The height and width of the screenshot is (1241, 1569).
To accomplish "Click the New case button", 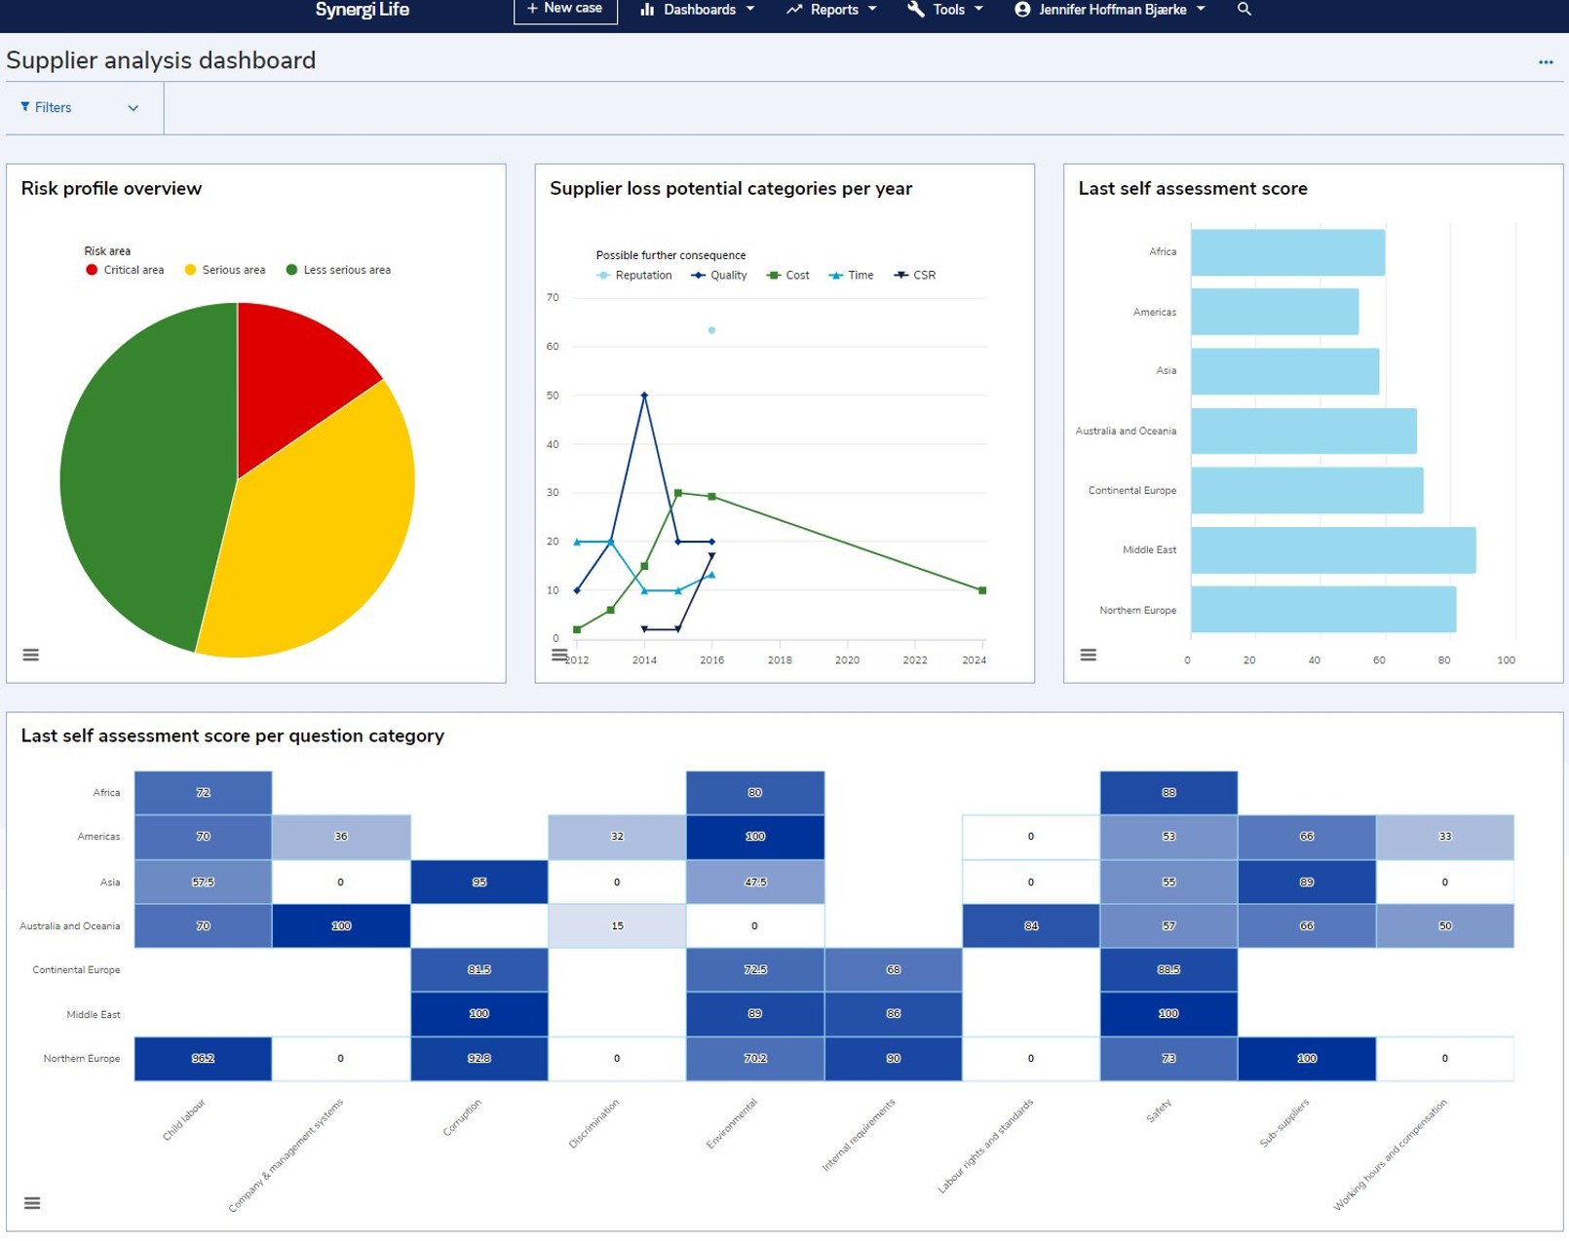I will point(565,10).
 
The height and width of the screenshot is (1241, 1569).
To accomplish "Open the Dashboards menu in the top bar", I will point(698,10).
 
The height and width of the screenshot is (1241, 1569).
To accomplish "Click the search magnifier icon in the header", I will point(1244,10).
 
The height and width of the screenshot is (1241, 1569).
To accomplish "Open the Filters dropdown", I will point(79,108).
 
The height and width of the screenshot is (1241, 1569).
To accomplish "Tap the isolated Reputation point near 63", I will point(711,330).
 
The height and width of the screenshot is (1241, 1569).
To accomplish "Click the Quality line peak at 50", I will point(644,395).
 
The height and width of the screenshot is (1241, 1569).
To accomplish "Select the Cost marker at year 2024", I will point(981,590).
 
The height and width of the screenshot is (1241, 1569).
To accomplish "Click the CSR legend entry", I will point(915,276).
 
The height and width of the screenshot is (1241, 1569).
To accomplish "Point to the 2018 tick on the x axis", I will point(780,659).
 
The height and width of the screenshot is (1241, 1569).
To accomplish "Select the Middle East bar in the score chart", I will point(1332,550).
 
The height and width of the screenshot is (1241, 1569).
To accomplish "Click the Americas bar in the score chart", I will point(1274,312).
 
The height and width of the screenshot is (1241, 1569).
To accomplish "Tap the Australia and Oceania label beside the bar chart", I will point(1126,431).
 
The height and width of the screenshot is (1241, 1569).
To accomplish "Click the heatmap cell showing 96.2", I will point(203,1058).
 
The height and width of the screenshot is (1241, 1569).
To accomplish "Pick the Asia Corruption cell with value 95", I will point(478,882).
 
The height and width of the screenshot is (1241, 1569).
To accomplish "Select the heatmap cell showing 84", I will point(1030,925).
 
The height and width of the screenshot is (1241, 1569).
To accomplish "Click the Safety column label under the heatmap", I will point(1158,1110).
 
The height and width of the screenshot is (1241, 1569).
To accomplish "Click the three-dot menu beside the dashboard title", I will point(1545,62).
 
